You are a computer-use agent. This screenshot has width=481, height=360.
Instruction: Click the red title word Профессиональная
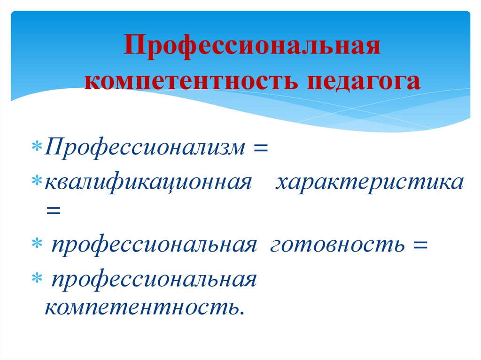coord(251,49)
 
